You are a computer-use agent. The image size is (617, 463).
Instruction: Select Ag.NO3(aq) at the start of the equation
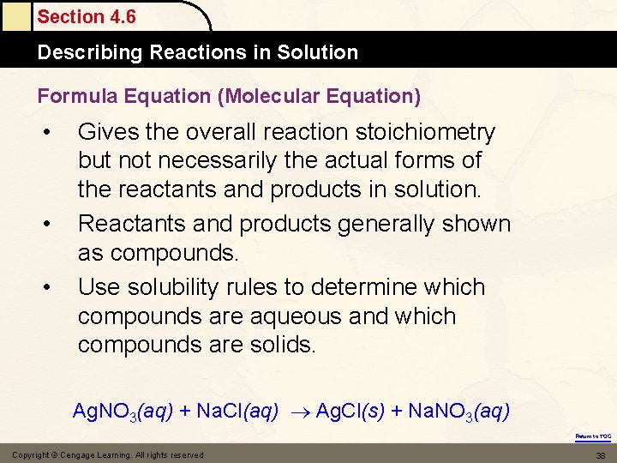click(123, 412)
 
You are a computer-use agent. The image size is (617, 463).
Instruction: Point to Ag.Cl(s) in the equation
click(350, 412)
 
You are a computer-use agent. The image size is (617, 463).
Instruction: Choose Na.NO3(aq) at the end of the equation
click(458, 412)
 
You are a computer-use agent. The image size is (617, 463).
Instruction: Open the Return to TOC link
click(593, 436)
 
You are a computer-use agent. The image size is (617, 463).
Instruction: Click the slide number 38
click(600, 454)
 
